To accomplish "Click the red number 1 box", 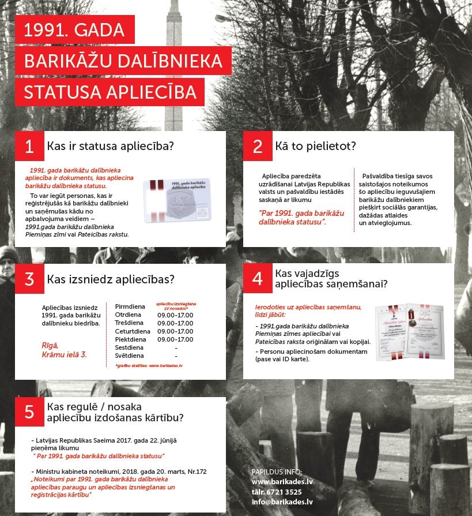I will [29, 146].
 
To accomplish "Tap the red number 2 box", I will [257, 146].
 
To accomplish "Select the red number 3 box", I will [29, 279].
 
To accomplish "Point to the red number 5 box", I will [29, 412].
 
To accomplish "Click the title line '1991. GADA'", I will [74, 30].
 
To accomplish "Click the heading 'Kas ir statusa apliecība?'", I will [110, 146].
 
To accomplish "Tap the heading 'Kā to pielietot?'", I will [316, 146].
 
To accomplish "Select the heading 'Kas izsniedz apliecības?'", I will [111, 279].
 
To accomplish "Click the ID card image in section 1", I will [176, 199].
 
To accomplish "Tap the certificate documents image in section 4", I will [410, 331].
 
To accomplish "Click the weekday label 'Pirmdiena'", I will [129, 306].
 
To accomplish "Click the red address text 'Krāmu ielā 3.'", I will [64, 354].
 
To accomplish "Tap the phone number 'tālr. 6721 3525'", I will [277, 492].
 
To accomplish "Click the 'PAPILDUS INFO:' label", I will [277, 472].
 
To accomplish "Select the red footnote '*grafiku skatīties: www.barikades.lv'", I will [145, 366].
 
